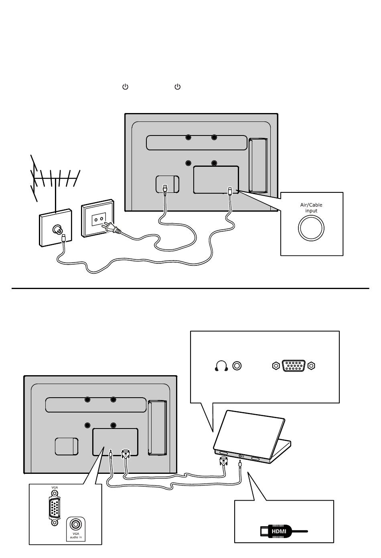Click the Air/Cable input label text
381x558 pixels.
pyautogui.click(x=311, y=208)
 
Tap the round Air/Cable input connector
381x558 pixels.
pyautogui.click(x=311, y=228)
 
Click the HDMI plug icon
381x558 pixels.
pyautogui.click(x=279, y=532)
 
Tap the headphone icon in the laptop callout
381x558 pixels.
pyautogui.click(x=221, y=366)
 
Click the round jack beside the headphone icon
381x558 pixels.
pyautogui.click(x=237, y=366)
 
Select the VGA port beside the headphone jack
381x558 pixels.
pyautogui.click(x=294, y=366)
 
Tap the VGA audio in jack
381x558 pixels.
pyautogui.click(x=75, y=524)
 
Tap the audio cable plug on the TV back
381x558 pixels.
pyautogui.click(x=110, y=455)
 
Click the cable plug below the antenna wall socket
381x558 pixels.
pyautogui.click(x=64, y=239)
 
